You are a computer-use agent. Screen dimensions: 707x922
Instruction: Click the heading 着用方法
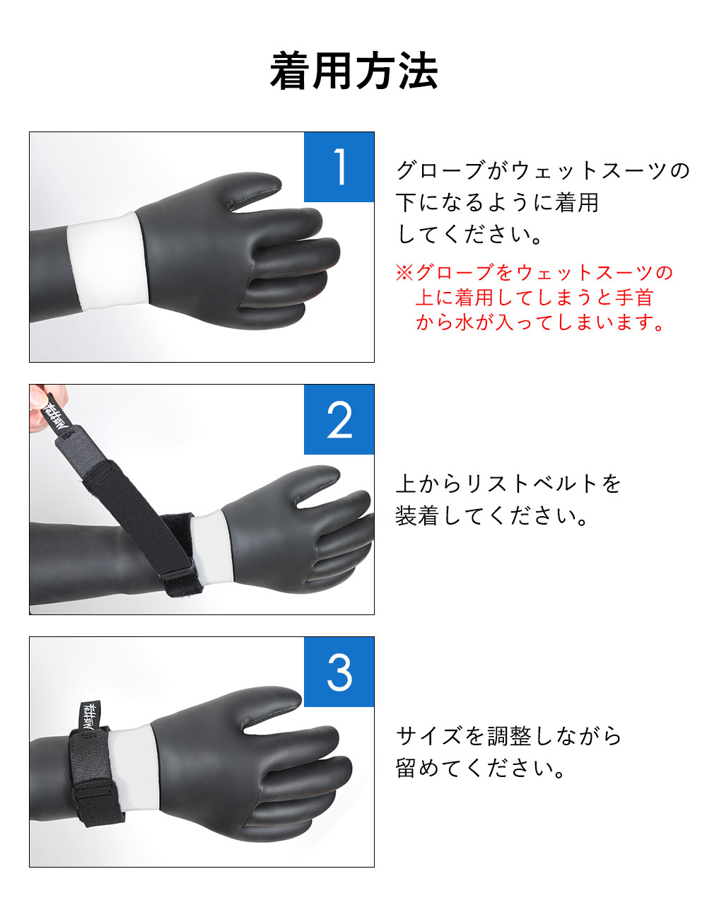click(x=353, y=71)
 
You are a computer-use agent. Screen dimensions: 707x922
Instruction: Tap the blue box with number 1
click(x=339, y=167)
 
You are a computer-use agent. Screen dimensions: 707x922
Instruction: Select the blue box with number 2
click(x=339, y=419)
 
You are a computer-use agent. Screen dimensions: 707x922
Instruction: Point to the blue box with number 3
click(x=339, y=672)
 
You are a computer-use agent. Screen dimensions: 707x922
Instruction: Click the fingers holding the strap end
click(x=45, y=404)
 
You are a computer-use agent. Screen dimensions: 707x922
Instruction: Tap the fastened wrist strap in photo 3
click(x=93, y=776)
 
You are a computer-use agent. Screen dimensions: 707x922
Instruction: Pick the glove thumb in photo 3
click(x=271, y=705)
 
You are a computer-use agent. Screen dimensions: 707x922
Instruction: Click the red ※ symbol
click(x=404, y=272)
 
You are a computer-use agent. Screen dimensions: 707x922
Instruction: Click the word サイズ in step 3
click(x=428, y=736)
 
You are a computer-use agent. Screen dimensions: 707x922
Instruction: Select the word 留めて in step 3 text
click(x=428, y=769)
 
